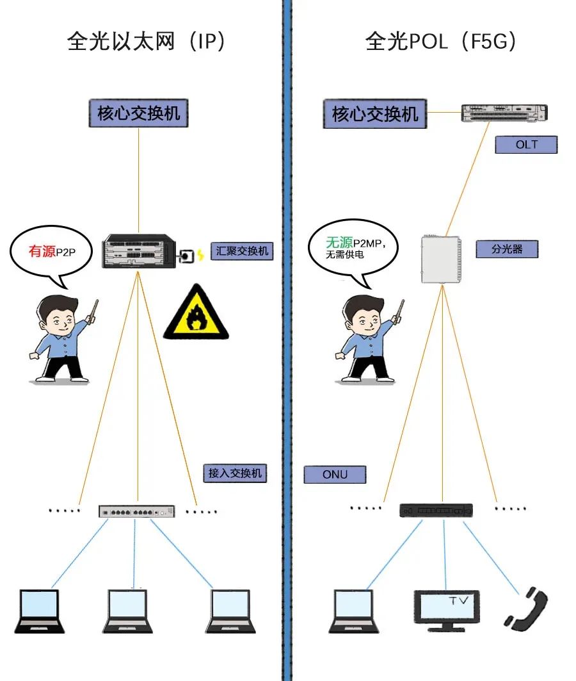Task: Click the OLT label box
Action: point(526,145)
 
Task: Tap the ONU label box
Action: point(335,475)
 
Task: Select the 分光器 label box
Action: point(507,249)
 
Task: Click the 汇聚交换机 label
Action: point(242,251)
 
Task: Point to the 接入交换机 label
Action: point(235,473)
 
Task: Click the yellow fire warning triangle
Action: point(196,313)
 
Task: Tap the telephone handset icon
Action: point(526,609)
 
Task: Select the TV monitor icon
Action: point(447,610)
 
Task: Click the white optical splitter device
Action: point(441,259)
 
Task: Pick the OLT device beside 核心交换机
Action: point(504,113)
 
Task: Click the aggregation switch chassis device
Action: point(139,251)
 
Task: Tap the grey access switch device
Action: point(136,511)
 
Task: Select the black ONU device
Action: point(436,510)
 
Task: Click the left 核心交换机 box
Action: point(138,113)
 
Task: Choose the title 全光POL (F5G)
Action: point(441,42)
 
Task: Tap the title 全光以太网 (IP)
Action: point(146,42)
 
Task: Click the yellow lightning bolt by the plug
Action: point(200,254)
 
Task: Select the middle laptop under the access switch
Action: point(127,611)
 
